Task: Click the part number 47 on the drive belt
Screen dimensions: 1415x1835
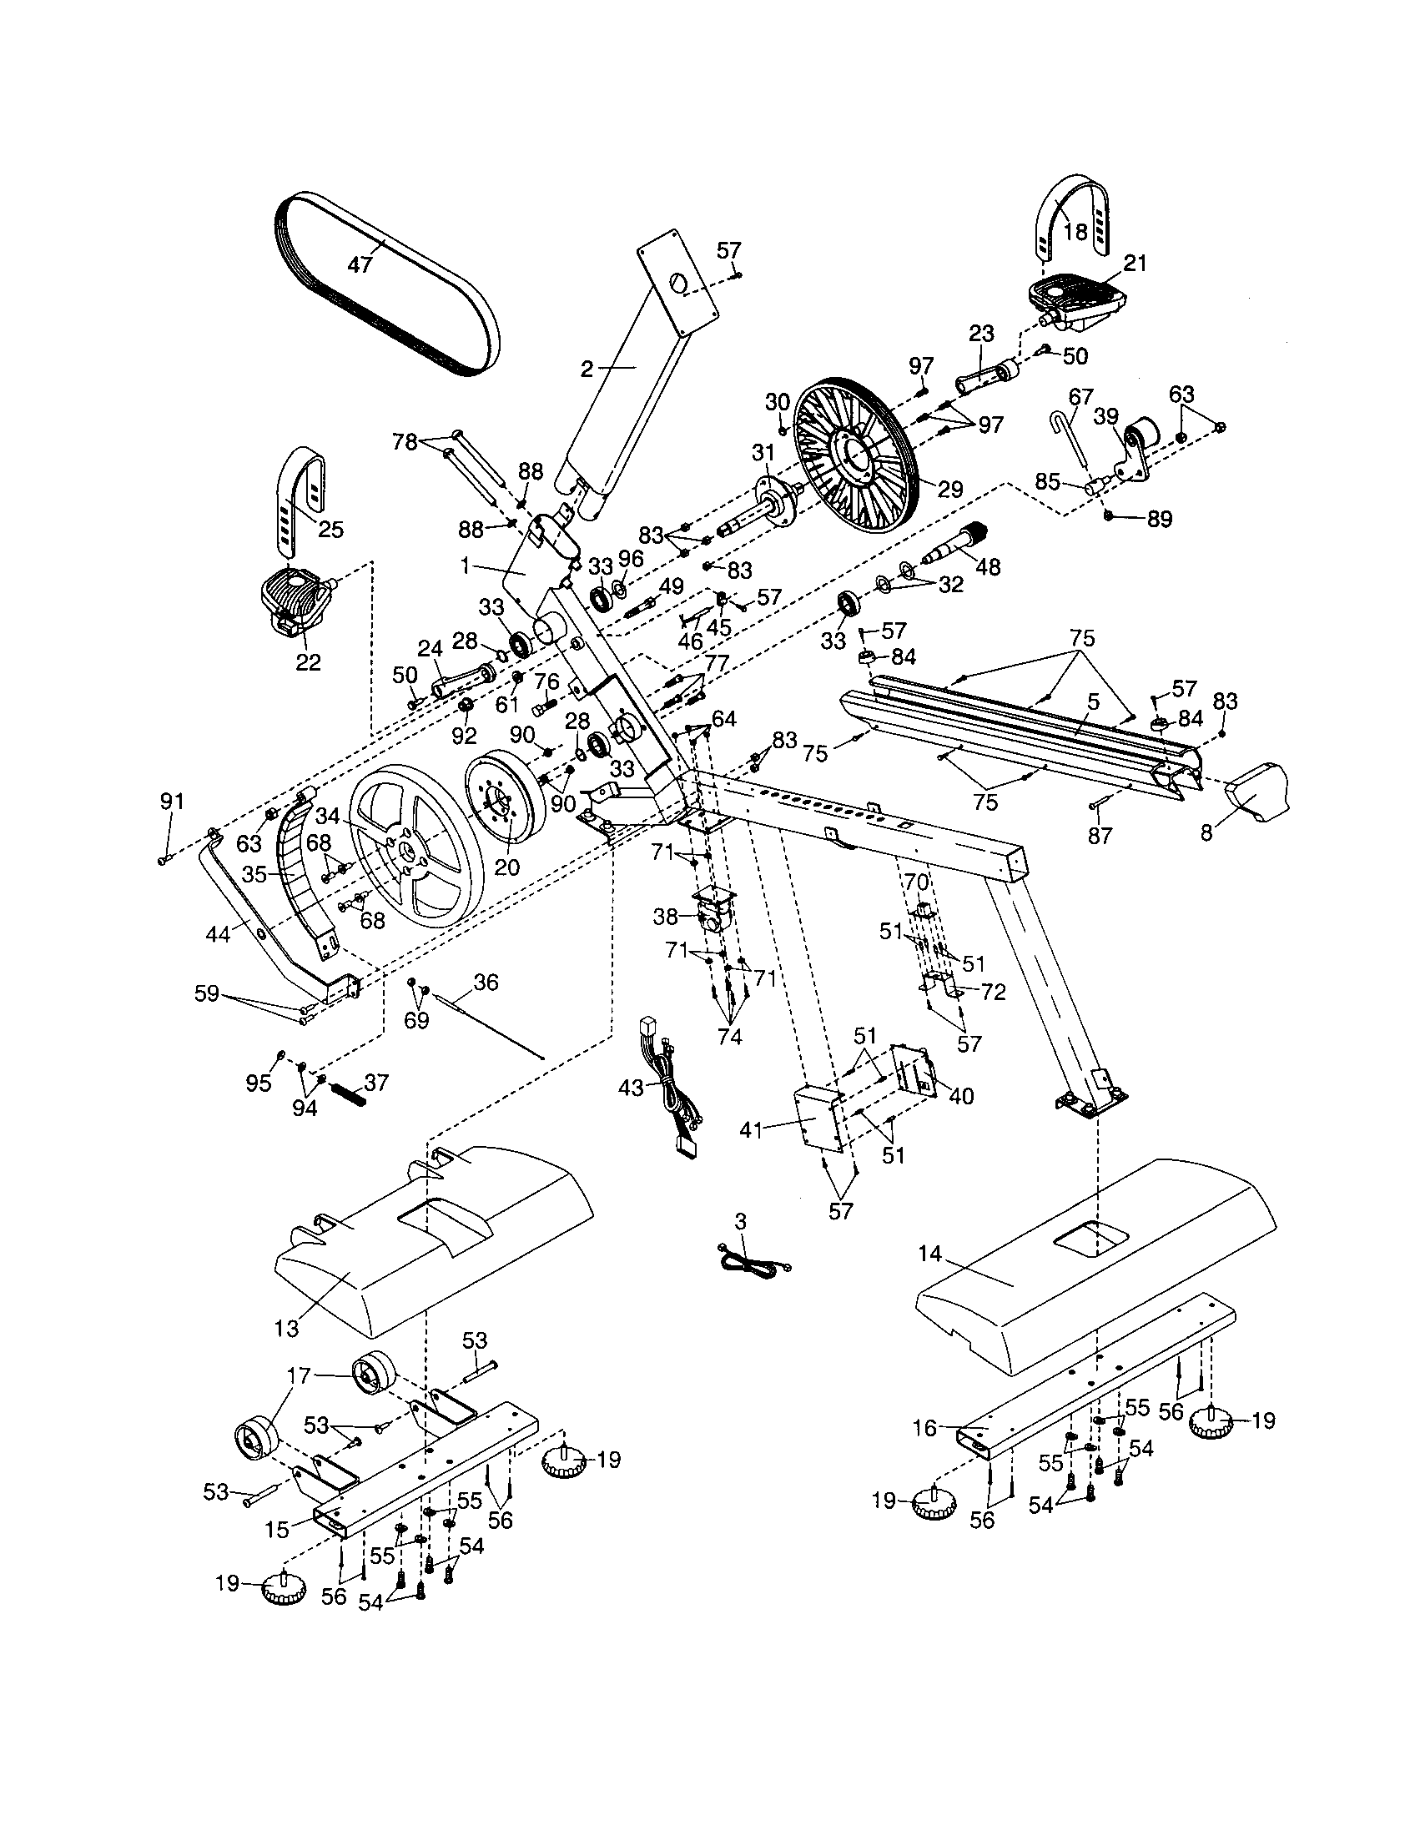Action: (x=360, y=264)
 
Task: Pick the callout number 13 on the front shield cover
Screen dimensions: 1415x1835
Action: (x=286, y=1328)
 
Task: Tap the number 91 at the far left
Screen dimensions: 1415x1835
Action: (x=171, y=802)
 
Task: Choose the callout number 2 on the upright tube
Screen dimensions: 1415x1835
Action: (x=587, y=368)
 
